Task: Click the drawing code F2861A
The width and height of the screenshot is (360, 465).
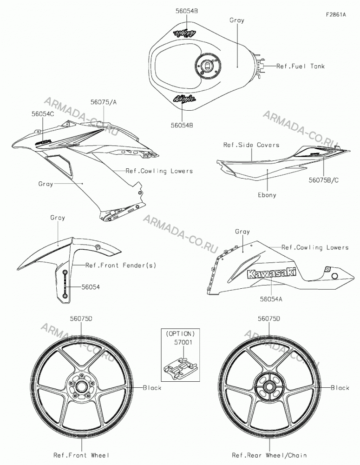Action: [336, 14]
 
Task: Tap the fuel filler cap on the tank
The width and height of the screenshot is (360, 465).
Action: [208, 66]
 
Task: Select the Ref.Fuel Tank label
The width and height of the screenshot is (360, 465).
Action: [301, 66]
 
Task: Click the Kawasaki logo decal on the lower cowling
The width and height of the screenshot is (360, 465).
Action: [272, 273]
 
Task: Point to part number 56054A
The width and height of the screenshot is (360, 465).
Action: [271, 299]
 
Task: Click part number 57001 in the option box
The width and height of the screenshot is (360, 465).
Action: [183, 342]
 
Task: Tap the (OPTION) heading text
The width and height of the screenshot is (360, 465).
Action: [180, 333]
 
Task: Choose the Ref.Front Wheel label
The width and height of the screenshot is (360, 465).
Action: [81, 455]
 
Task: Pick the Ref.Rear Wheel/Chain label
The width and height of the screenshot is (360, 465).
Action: [269, 455]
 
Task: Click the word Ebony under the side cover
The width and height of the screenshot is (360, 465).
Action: [267, 195]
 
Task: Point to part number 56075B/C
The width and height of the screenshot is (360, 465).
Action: [324, 180]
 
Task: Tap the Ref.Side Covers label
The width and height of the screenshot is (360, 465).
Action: [251, 145]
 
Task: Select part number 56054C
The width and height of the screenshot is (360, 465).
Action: [43, 113]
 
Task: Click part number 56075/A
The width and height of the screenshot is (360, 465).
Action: [104, 102]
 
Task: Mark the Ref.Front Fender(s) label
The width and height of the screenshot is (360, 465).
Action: [121, 265]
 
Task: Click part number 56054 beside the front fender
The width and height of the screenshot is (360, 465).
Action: [91, 287]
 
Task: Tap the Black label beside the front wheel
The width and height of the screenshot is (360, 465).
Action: [152, 388]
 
